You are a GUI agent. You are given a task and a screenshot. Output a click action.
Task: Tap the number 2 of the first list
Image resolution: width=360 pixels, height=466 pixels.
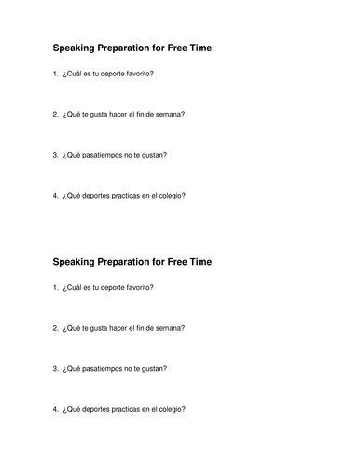tap(56, 114)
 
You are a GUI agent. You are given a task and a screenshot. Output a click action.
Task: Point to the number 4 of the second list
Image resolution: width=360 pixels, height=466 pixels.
tap(56, 410)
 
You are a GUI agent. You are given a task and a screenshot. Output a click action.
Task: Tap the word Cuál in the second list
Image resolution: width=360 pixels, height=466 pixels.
tap(73, 287)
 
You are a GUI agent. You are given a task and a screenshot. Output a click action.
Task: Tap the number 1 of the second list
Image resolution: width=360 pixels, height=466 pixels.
tap(56, 287)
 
